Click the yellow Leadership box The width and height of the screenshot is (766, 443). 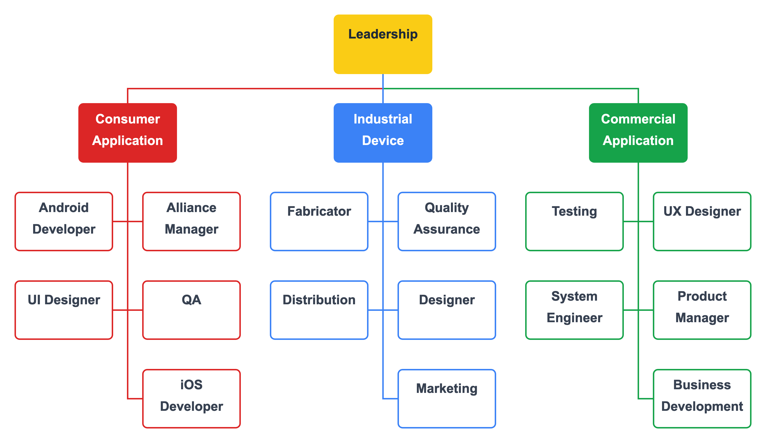pyautogui.click(x=383, y=44)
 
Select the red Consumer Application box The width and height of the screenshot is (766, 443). pyautogui.click(x=127, y=133)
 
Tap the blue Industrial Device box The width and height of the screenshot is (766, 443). pyautogui.click(x=383, y=133)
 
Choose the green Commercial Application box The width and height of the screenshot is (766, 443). pyautogui.click(x=638, y=133)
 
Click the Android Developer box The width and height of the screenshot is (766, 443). pyautogui.click(x=64, y=221)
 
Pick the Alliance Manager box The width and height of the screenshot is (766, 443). pyautogui.click(x=191, y=221)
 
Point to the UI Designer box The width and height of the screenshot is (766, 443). pyautogui.click(x=64, y=310)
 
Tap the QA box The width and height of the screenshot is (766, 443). pyautogui.click(x=191, y=310)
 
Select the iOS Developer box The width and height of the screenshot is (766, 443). pyautogui.click(x=191, y=398)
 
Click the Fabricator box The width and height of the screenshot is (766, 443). pyautogui.click(x=319, y=221)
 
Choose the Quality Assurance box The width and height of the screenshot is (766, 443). pyautogui.click(x=447, y=221)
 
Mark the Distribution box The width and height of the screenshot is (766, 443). pyautogui.click(x=319, y=310)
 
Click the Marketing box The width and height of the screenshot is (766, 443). pyautogui.click(x=447, y=398)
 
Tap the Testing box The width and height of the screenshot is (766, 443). pyautogui.click(x=574, y=221)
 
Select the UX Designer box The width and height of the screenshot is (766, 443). pyautogui.click(x=702, y=221)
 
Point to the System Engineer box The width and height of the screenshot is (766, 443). pyautogui.click(x=574, y=310)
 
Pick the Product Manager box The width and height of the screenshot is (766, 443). pyautogui.click(x=702, y=310)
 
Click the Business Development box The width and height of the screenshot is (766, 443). pyautogui.click(x=702, y=398)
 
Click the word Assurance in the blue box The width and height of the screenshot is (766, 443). pyautogui.click(x=447, y=229)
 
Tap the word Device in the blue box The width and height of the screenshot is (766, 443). pyautogui.click(x=383, y=141)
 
